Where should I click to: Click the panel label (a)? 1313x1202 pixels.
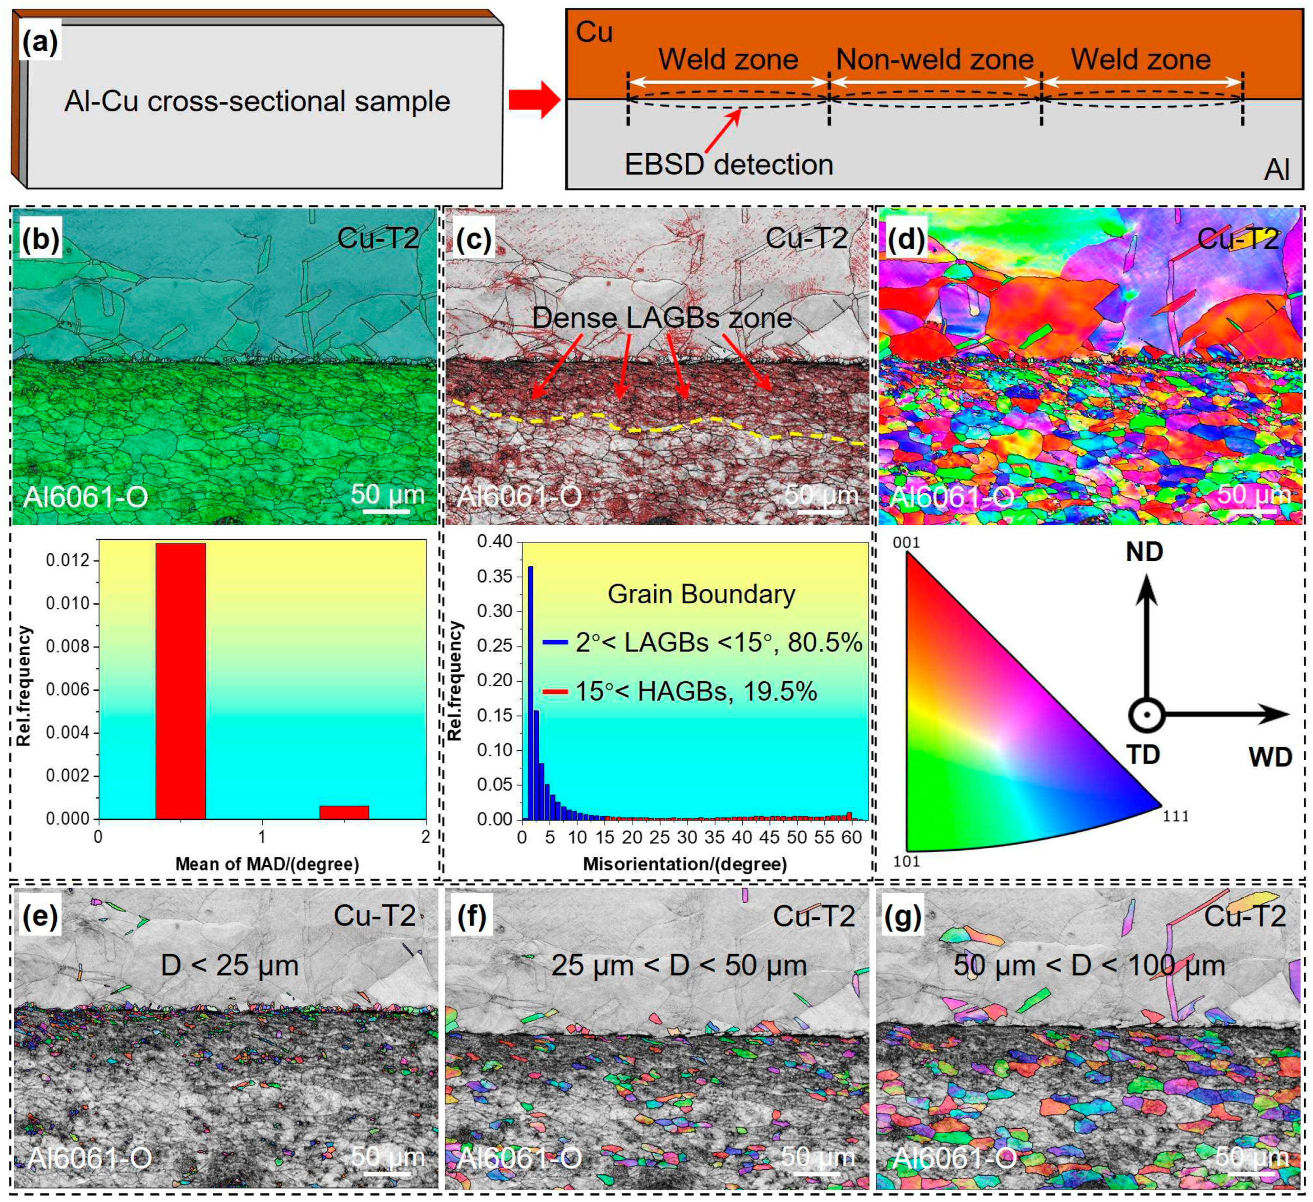[40, 44]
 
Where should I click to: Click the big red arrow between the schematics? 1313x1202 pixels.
[534, 101]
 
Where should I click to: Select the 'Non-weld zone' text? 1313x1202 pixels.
[934, 60]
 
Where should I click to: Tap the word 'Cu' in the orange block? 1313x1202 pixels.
[594, 33]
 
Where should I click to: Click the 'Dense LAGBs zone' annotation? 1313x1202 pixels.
[662, 318]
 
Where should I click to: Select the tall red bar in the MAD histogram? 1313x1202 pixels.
[180, 681]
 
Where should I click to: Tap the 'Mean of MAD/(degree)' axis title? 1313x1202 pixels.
[267, 864]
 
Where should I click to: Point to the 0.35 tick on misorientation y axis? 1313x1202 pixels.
[495, 576]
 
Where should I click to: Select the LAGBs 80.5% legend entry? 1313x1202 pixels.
[702, 643]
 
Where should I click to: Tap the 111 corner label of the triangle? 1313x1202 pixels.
[1176, 816]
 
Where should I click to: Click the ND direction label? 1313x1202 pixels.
[1144, 552]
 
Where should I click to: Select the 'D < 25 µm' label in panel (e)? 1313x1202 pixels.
[230, 965]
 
